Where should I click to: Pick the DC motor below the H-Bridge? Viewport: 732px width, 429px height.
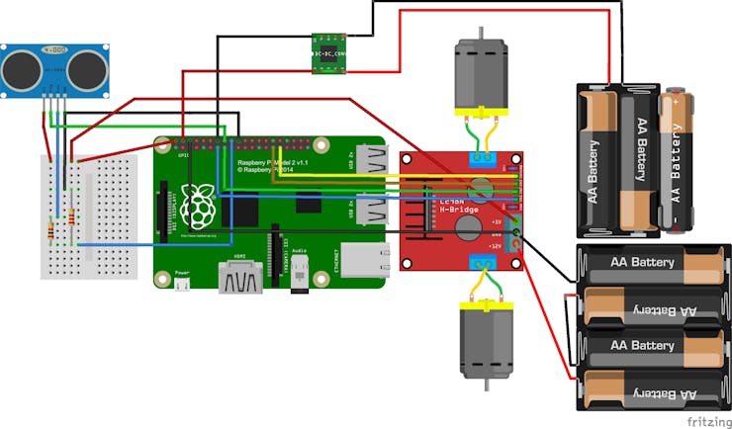tap(484, 337)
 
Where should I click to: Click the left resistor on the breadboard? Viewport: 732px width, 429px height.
tap(50, 231)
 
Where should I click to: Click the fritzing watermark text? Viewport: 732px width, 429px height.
tap(708, 419)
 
